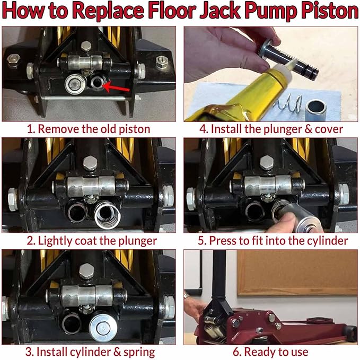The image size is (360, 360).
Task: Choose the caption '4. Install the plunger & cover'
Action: pyautogui.click(x=269, y=128)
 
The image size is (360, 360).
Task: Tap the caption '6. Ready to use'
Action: pyautogui.click(x=270, y=352)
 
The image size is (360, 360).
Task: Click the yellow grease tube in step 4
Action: pyautogui.click(x=233, y=95)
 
